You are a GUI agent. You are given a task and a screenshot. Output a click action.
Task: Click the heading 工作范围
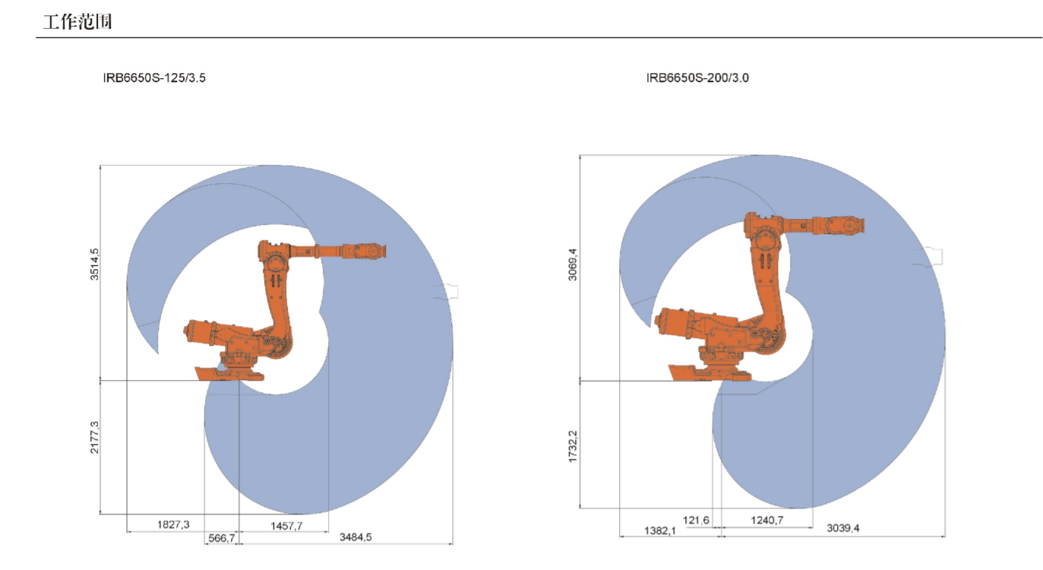pyautogui.click(x=77, y=22)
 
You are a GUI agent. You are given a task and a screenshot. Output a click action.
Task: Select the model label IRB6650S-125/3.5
pyautogui.click(x=154, y=78)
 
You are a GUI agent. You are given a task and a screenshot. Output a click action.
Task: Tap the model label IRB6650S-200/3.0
pyautogui.click(x=697, y=78)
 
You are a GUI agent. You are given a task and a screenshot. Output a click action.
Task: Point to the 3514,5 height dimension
pyautogui.click(x=94, y=264)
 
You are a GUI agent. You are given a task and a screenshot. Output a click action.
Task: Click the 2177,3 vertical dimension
pyautogui.click(x=94, y=437)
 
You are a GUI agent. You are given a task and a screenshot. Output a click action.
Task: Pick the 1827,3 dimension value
pyautogui.click(x=173, y=525)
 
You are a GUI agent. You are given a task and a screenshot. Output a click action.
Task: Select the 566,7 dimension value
pyautogui.click(x=222, y=538)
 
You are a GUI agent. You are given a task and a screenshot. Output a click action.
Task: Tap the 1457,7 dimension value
pyautogui.click(x=286, y=526)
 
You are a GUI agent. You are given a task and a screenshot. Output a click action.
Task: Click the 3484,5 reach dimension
pyautogui.click(x=356, y=537)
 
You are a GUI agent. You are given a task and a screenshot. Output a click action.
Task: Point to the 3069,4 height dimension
pyautogui.click(x=573, y=264)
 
